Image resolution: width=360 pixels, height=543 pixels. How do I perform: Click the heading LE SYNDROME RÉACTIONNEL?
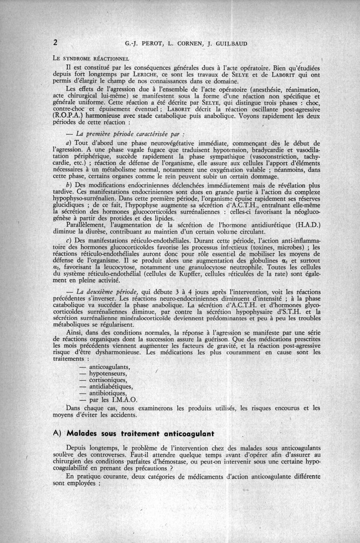[x=91, y=58]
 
